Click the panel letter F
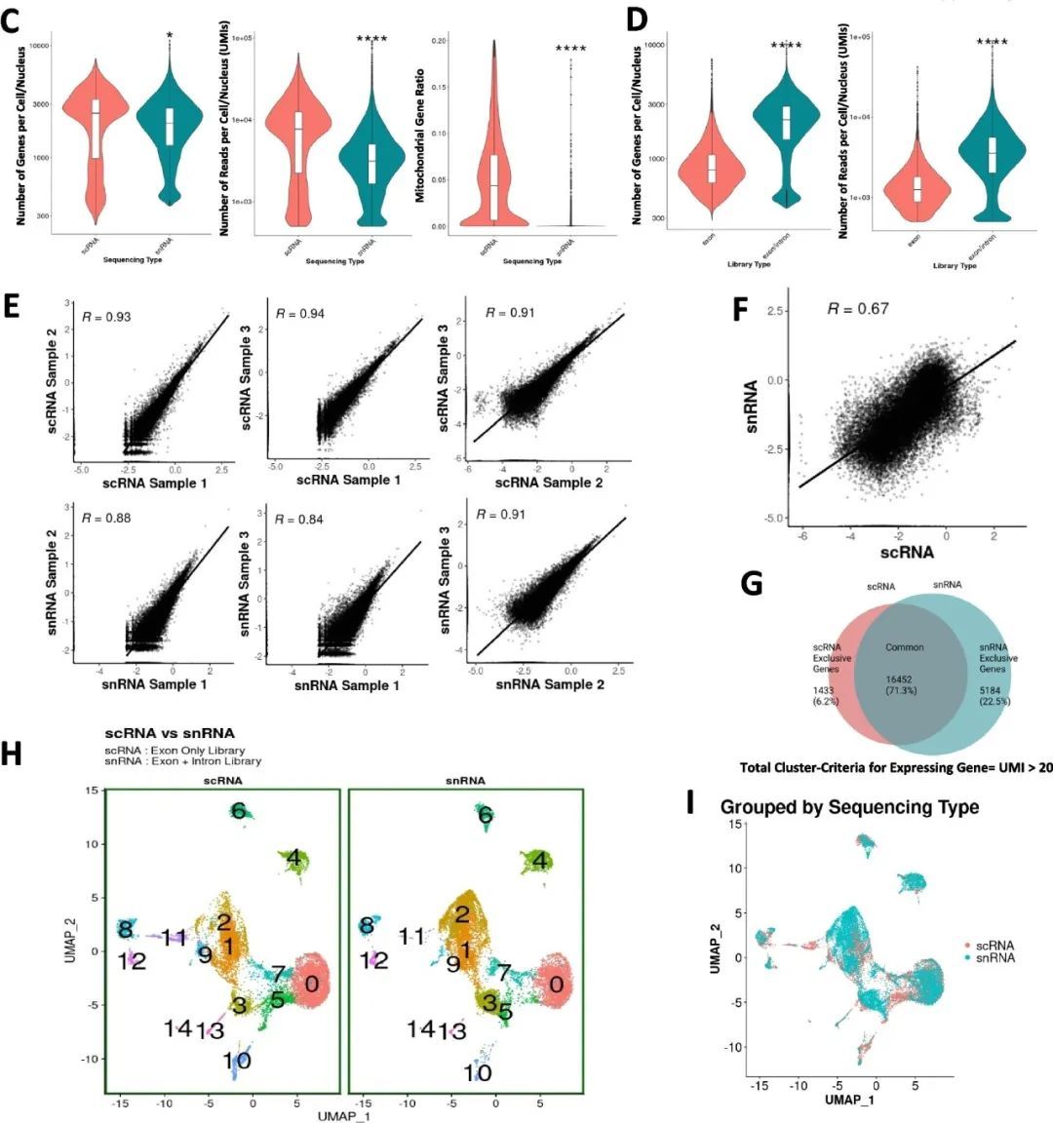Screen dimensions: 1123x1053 click(x=740, y=310)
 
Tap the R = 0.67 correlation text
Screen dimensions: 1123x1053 click(x=857, y=308)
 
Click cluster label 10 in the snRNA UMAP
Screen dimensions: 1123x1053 click(x=478, y=1072)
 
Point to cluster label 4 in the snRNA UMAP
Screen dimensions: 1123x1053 click(x=539, y=861)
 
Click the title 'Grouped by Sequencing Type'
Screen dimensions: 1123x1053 click(x=849, y=807)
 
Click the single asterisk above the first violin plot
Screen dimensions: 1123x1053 click(x=170, y=36)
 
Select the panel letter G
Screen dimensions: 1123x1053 click(x=751, y=583)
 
